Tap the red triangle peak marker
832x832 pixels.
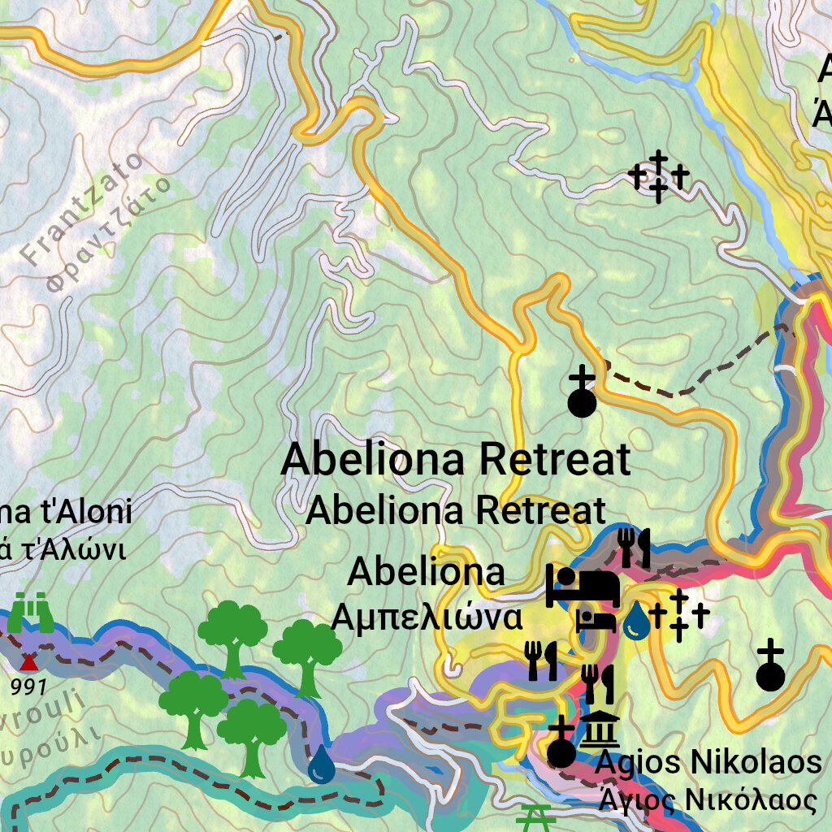[29, 660]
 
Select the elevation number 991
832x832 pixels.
[29, 687]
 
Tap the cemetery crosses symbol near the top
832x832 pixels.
[659, 175]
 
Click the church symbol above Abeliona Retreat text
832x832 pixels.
[582, 392]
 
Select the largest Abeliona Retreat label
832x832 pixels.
[455, 460]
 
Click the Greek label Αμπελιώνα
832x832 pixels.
[427, 618]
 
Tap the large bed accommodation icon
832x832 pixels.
[583, 585]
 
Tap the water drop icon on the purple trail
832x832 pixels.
[322, 765]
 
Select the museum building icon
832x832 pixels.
[599, 728]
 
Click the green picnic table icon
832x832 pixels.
[535, 817]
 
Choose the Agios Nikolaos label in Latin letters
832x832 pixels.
[708, 763]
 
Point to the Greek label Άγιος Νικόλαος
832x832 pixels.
[706, 800]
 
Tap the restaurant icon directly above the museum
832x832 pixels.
[598, 684]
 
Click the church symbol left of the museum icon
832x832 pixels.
[561, 743]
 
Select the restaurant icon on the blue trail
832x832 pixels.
[634, 548]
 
